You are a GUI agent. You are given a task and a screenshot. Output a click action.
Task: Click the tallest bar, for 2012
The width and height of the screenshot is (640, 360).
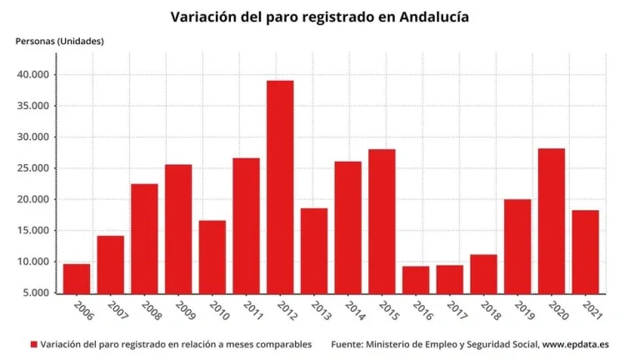280,187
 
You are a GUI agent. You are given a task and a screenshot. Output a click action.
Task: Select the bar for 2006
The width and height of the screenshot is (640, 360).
77,278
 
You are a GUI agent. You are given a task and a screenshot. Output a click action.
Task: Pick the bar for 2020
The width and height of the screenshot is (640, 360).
551,221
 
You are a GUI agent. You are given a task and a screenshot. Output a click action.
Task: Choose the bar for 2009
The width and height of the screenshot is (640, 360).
178,228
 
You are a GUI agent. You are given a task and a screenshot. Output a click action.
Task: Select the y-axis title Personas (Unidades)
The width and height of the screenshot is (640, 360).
60,41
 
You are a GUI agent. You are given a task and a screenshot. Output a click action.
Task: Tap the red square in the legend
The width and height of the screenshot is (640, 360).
34,344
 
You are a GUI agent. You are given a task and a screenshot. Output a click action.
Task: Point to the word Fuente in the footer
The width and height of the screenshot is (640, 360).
349,344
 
